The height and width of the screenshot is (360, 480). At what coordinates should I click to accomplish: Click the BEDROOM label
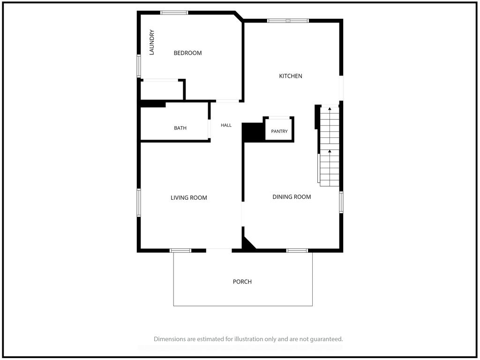pos(187,53)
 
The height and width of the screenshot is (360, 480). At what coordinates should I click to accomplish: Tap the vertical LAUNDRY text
pos(151,42)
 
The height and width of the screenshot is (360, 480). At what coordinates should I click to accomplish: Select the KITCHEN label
pos(291,76)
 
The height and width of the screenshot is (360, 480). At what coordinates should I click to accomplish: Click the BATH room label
pos(180,128)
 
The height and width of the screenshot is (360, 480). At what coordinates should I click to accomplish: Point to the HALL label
pos(226,125)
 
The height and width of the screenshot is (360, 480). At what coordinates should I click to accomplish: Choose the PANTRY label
pos(279,131)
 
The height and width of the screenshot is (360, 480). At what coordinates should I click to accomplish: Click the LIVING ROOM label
pos(189,198)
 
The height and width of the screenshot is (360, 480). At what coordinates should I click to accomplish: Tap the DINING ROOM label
pos(292,197)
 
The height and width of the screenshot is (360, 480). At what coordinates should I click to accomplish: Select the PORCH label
pos(242,282)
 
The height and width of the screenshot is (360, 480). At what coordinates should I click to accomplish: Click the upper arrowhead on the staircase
pos(330,108)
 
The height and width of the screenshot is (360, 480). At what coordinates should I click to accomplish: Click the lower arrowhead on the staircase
pos(330,151)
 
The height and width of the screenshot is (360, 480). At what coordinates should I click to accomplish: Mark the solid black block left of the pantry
pos(253,132)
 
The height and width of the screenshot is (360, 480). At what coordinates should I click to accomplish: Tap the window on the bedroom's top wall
pos(174,13)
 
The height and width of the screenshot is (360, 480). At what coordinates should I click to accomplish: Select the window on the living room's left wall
pos(139,202)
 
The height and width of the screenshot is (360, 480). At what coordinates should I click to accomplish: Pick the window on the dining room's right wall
pos(341,202)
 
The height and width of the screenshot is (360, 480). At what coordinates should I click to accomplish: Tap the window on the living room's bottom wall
pos(180,250)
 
